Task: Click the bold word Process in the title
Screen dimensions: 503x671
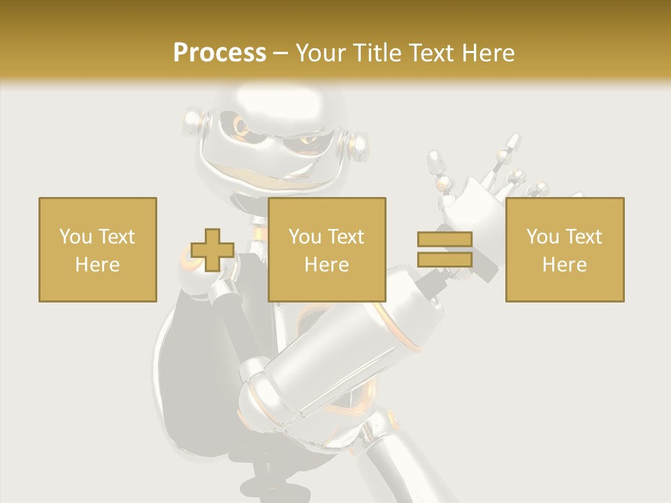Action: [219, 53]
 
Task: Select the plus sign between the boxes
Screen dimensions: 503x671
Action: [212, 250]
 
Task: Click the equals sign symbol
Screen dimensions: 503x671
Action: [445, 249]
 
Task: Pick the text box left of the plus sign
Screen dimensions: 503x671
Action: [97, 249]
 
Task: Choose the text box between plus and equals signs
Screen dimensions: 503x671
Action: [326, 249]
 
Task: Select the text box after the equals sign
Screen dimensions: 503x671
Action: [564, 249]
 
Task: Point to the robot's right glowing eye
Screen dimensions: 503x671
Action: [308, 140]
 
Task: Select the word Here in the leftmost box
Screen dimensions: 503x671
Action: [97, 265]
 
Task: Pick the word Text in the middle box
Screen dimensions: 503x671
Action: [346, 237]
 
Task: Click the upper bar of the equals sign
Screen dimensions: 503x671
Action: [445, 240]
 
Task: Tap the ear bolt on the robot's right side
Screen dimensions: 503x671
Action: [359, 145]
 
